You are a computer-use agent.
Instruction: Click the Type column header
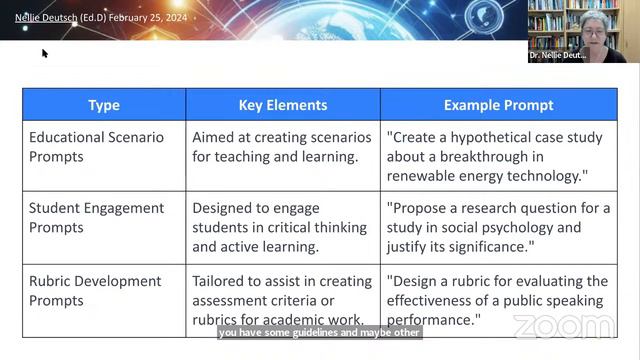(104, 105)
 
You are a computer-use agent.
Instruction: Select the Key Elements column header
(283, 105)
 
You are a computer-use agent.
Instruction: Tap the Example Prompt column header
(498, 105)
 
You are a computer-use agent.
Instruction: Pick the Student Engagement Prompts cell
(96, 218)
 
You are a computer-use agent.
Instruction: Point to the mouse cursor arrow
(45, 53)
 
